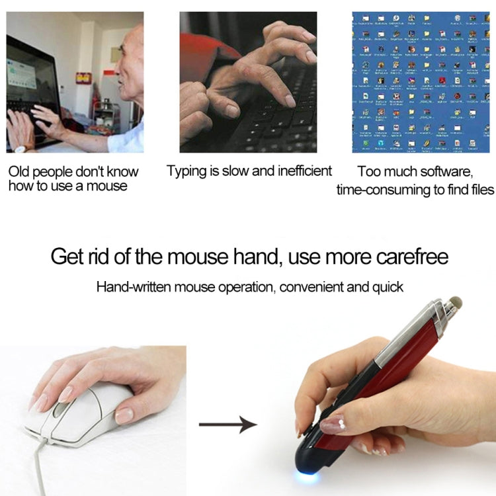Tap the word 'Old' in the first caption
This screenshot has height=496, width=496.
point(21,172)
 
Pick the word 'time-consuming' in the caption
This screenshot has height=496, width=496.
point(380,190)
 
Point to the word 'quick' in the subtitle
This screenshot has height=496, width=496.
point(386,287)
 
